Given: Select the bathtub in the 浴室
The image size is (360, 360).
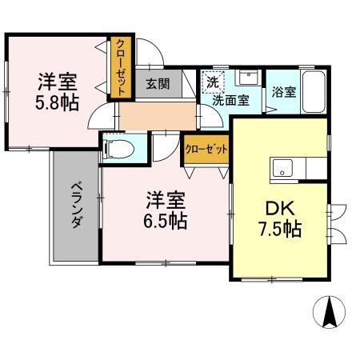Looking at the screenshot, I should [314, 92].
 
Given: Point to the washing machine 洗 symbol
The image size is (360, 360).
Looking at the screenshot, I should [213, 82].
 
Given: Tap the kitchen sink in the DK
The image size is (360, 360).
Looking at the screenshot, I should [284, 168].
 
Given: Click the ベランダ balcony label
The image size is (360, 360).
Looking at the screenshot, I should [75, 206].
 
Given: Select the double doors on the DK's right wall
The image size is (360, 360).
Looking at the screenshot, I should [335, 223].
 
